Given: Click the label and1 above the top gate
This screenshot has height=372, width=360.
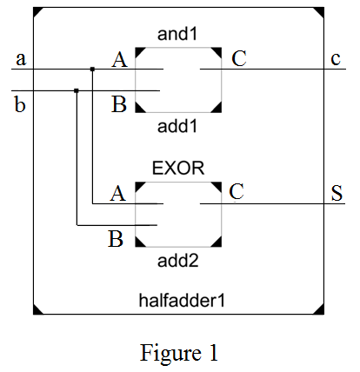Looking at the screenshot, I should point(177,35).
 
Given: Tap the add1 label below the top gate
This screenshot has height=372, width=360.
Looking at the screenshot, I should point(177,125).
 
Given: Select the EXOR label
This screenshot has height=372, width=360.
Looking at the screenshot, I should point(177,168).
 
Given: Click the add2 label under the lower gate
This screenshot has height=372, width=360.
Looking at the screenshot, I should point(177,259).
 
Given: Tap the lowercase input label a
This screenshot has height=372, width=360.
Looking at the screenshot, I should point(20,59).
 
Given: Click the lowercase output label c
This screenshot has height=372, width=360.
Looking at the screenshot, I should point(336,59).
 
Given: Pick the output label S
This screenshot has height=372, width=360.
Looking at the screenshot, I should point(336,192).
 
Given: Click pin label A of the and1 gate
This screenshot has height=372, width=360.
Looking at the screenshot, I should point(119,59).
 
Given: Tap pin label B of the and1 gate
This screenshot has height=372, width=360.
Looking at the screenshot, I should point(119,105).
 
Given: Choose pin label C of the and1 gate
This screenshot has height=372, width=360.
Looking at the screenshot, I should point(238,58).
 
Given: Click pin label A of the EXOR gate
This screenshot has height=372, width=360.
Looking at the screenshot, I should point(117,193).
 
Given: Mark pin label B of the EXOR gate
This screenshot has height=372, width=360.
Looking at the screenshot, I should point(115,237).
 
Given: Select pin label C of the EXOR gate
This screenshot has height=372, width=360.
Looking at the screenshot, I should point(236,191).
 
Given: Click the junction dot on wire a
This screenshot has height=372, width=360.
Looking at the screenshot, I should point(92,69).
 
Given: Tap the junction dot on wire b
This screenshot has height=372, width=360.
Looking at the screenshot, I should point(77,90).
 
